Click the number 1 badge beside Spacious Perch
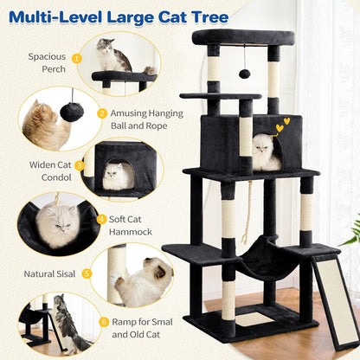coord(76,58)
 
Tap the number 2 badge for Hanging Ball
coord(102,113)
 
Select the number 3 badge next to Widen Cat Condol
coord(80,164)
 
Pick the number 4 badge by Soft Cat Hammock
coord(101,219)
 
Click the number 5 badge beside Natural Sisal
coord(87,273)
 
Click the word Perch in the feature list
coord(52,69)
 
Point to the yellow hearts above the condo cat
coord(281,126)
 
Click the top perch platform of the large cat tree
coord(242,37)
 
